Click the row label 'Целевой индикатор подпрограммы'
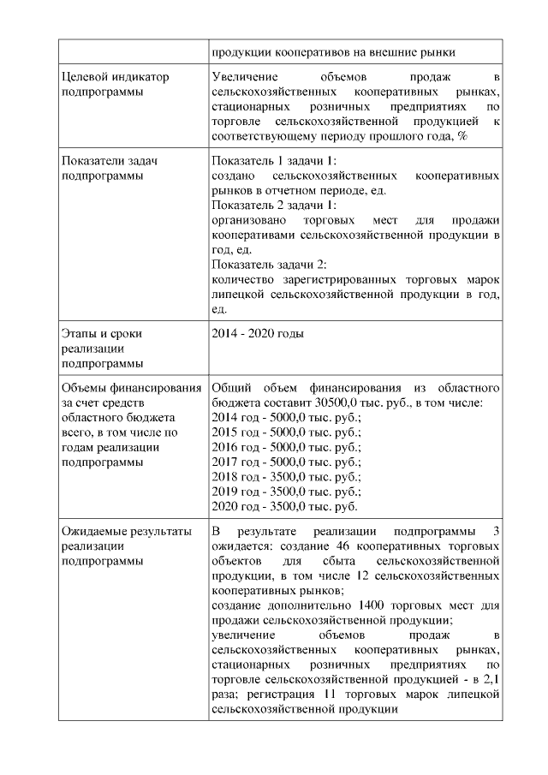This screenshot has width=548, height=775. pos(116,84)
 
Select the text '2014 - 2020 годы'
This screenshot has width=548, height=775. pos(257,333)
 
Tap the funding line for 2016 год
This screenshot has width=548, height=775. pos(286,446)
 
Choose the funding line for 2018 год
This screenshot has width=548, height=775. pos(286,476)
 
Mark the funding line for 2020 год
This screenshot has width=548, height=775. pos(284,506)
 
